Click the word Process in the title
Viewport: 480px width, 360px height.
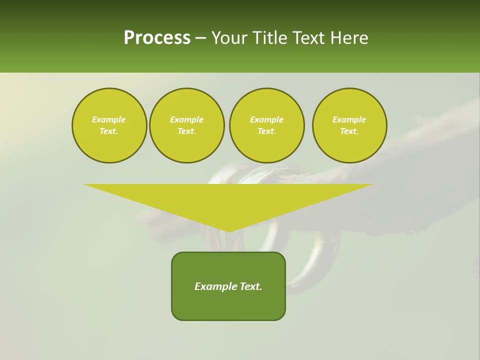(x=157, y=38)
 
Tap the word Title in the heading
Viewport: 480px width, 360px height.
(x=268, y=38)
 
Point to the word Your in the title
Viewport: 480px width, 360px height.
(x=230, y=38)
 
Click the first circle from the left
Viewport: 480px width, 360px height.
(x=109, y=125)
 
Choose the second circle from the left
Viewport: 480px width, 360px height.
(x=186, y=125)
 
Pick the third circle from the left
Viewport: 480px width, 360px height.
(x=266, y=125)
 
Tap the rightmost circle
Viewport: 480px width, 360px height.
(x=349, y=125)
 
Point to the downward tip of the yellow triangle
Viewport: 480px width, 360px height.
(x=229, y=231)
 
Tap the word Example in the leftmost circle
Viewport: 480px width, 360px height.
(x=109, y=119)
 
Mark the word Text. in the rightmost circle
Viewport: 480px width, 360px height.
(x=349, y=131)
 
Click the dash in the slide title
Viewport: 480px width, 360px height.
(x=200, y=38)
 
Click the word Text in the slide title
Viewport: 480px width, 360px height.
(x=308, y=38)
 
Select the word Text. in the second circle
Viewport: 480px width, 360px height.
(x=186, y=131)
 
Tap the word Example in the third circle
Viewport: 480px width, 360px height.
(x=266, y=119)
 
